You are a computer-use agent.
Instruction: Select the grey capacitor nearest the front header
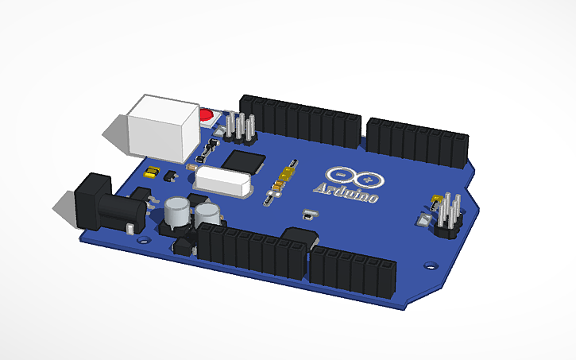pyautogui.click(x=209, y=213)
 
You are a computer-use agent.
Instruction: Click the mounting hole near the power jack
pyautogui.click(x=143, y=238)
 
